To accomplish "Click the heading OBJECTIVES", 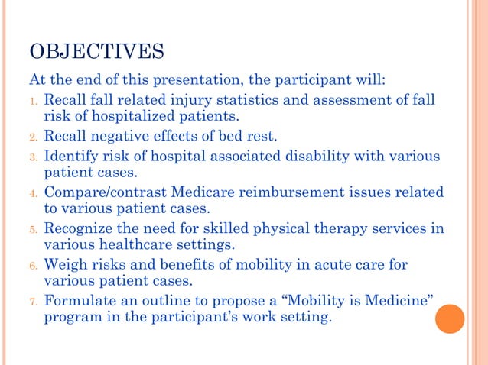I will [x=96, y=53].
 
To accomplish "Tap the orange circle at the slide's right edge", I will [x=450, y=318].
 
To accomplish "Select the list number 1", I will [x=33, y=101].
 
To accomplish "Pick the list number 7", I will [x=33, y=301].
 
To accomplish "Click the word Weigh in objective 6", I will [x=66, y=264].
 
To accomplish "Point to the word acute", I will [x=323, y=264].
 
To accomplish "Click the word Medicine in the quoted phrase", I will [x=392, y=300].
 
